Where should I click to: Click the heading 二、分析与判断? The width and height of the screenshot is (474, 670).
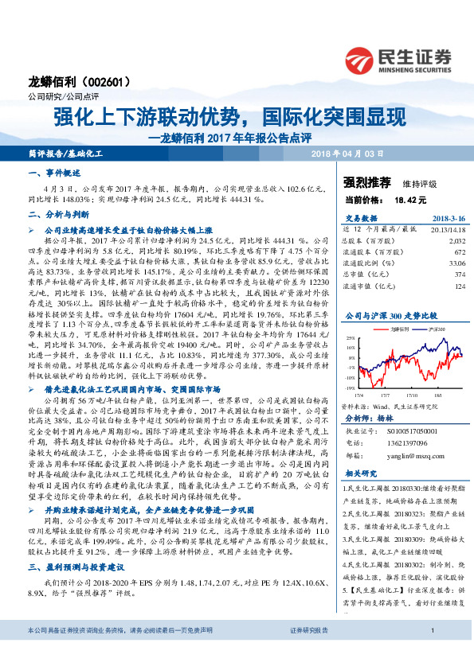click(x=54, y=214)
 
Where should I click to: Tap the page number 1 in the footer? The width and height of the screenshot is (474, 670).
click(x=431, y=652)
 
